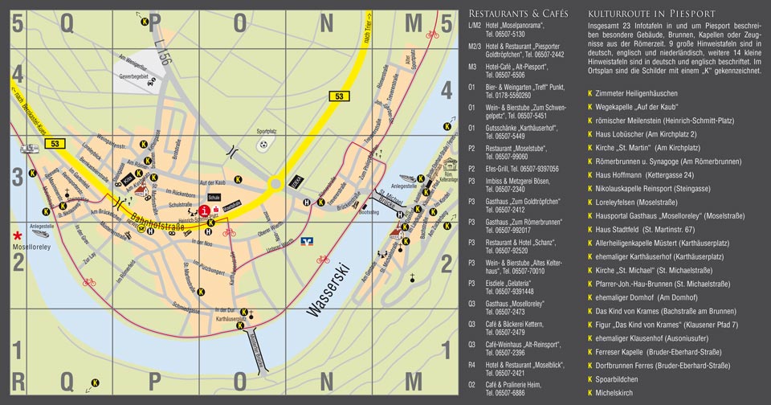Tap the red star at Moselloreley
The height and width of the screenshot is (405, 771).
pyautogui.click(x=16, y=235)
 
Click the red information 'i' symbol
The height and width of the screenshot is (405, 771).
pyautogui.click(x=206, y=210)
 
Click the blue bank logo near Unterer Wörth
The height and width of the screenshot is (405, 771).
pyautogui.click(x=306, y=239)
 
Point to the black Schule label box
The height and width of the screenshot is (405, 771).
pyautogui.click(x=214, y=195)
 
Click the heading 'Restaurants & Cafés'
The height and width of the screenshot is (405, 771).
pyautogui.click(x=517, y=14)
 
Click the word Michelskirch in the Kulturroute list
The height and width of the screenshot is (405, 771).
pyautogui.click(x=615, y=393)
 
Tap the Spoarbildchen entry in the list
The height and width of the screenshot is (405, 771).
pyautogui.click(x=618, y=379)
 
